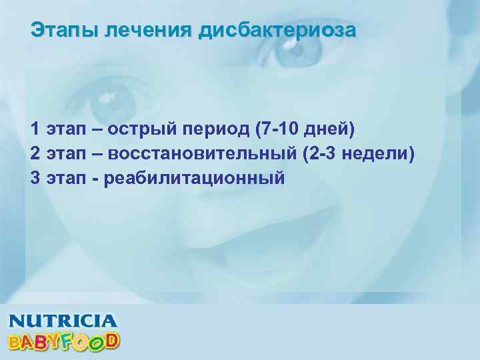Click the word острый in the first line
coord(137,128)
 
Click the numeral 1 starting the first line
coord(35,128)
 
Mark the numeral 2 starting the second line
coord(35,153)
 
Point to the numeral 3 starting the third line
coord(35,179)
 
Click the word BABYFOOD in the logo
coord(63,341)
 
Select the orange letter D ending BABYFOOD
coord(112,340)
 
